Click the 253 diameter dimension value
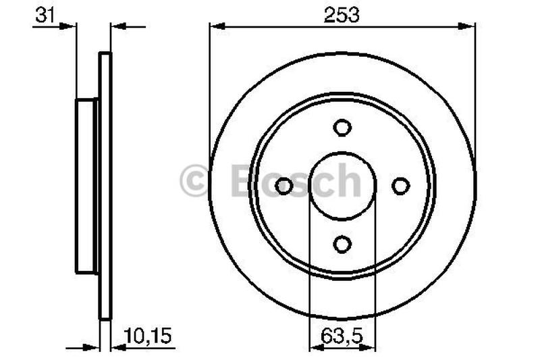pos(342,14)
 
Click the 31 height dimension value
pos(45,16)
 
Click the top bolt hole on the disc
pos(342,128)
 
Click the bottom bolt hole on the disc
pos(342,244)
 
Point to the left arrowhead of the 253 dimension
pos(215,26)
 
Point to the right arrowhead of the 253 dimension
pos(470,26)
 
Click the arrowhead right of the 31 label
pos(70,26)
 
